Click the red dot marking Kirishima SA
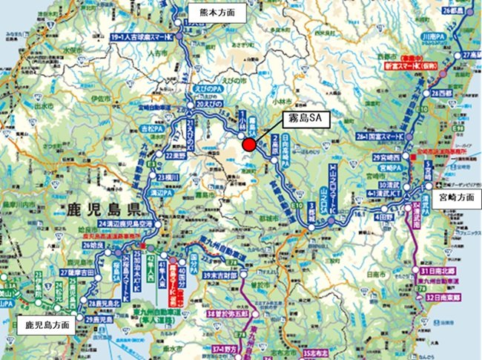[251, 144]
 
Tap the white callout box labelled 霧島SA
[306, 118]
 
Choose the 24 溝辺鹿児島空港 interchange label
[128, 224]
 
